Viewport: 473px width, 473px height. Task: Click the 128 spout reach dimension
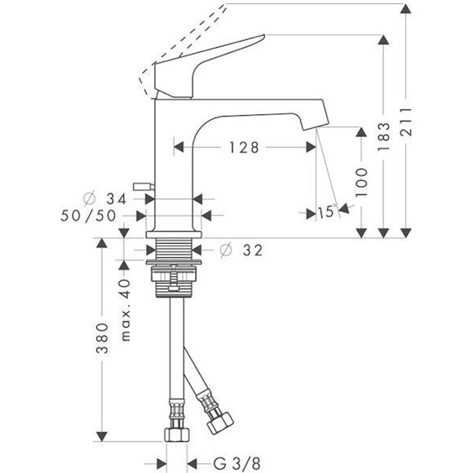click(x=243, y=148)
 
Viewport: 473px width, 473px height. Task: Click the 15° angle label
click(x=326, y=212)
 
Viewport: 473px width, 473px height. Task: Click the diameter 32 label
click(x=243, y=250)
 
